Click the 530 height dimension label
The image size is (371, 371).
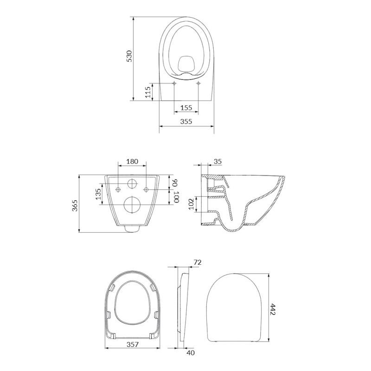click(x=129, y=56)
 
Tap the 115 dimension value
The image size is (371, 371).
click(x=148, y=92)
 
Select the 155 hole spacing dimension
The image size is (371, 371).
click(x=186, y=108)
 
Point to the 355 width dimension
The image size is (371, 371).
click(x=186, y=122)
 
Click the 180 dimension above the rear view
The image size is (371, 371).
click(x=132, y=161)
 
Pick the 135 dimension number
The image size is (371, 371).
click(x=98, y=193)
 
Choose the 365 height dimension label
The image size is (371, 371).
click(x=75, y=205)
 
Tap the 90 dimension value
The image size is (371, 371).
click(x=175, y=183)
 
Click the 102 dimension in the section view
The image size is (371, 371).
click(x=191, y=204)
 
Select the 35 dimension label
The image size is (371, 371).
click(x=217, y=161)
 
